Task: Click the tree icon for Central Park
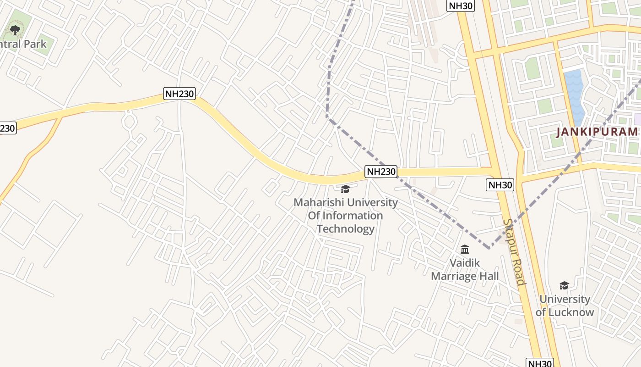coord(15,31)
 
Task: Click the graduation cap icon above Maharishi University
coord(345,189)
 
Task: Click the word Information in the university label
coord(353,216)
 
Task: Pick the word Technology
coord(346,229)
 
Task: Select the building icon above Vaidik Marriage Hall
coord(465,250)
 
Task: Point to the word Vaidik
coord(465,263)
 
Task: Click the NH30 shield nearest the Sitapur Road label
coord(500,185)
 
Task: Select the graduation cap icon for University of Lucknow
coord(564,286)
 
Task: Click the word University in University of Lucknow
coord(565,299)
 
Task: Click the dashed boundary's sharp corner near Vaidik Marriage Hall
coord(489,248)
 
